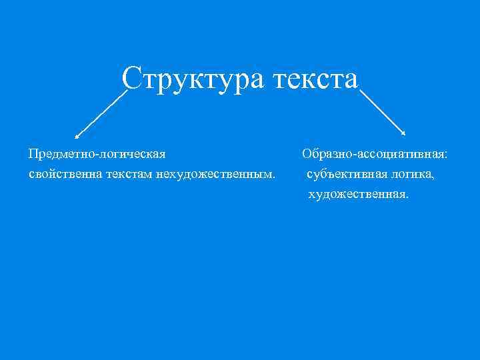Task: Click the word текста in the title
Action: tap(315, 78)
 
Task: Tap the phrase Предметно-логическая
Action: tap(97, 155)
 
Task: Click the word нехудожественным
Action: tap(213, 175)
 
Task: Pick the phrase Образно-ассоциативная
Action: tap(373, 155)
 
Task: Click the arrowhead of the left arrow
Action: tap(77, 137)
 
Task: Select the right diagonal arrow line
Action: tap(381, 114)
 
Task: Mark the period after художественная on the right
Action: tap(408, 197)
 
